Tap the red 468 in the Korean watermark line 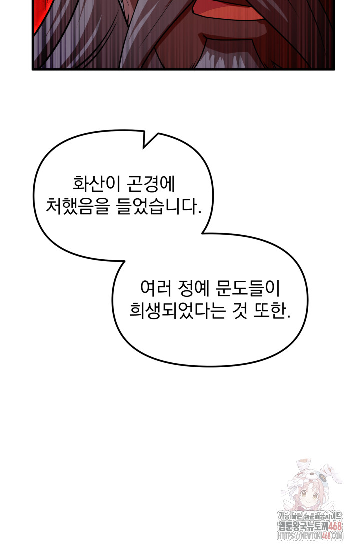[334, 525]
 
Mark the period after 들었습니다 [199, 211]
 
